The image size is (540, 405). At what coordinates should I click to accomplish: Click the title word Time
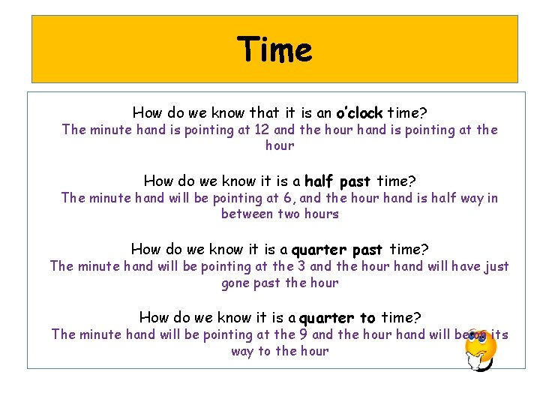point(274,50)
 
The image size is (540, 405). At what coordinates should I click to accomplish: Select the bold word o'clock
point(359,113)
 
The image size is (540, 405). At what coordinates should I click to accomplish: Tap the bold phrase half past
point(337,181)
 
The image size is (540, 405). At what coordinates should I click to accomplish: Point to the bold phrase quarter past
point(337,249)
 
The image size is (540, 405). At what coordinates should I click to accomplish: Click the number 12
point(262,130)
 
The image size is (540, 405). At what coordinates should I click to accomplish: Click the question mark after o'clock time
point(424,113)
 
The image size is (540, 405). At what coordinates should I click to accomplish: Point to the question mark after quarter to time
point(417,318)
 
